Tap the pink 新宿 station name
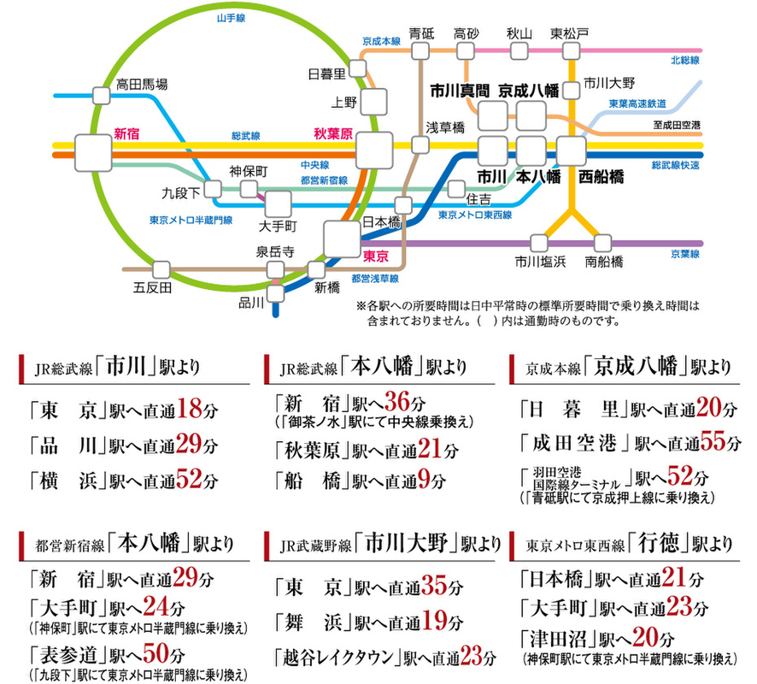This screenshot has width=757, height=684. coord(126,133)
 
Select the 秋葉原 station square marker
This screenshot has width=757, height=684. coord(374,151)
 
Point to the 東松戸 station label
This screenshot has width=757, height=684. coord(568,33)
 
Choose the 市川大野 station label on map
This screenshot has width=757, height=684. coord(610,83)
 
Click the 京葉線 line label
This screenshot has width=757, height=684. coord(685,254)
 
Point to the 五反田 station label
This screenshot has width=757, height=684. coord(153,286)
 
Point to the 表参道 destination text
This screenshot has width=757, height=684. coord(66,656)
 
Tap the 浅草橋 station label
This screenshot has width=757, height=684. coord(445,127)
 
